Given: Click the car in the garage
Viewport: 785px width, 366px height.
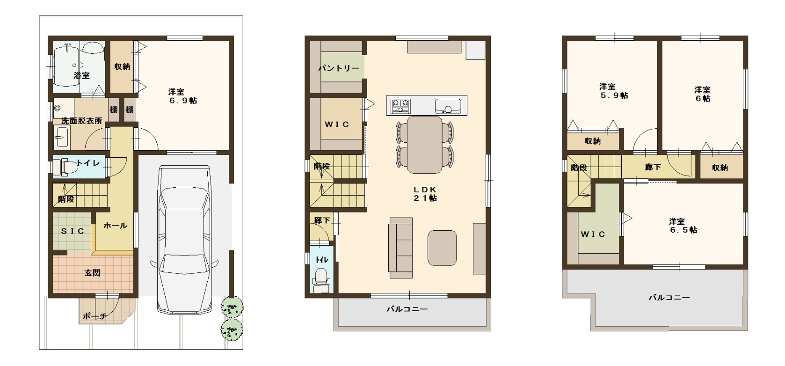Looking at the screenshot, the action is click(184, 240).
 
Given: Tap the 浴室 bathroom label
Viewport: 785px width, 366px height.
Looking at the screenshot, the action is click(82, 75).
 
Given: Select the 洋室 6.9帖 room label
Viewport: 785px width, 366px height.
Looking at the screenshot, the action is click(182, 96).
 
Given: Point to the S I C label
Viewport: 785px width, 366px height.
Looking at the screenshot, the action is click(73, 231).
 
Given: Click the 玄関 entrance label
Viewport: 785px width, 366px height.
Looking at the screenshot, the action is click(93, 273).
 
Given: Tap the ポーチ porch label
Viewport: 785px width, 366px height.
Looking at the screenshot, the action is click(94, 316).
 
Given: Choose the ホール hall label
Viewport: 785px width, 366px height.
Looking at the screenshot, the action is click(115, 226).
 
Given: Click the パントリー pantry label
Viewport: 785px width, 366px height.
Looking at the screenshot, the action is click(339, 68).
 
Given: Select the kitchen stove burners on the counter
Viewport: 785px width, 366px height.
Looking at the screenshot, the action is click(400, 105).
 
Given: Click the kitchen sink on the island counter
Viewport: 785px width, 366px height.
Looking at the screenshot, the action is click(448, 106).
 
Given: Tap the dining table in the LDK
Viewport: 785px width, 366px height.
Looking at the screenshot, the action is click(424, 145).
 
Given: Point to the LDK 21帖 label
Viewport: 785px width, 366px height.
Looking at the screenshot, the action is click(425, 193).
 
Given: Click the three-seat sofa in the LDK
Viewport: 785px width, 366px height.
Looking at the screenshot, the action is click(400, 248).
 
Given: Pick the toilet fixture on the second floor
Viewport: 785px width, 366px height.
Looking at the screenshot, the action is click(321, 280).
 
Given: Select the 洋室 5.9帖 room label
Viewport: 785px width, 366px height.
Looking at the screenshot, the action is click(614, 91).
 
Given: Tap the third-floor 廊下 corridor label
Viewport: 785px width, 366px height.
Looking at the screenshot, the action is click(653, 167).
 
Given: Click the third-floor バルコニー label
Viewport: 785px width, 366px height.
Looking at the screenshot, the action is click(669, 298).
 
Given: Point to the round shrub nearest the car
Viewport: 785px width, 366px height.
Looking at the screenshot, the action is click(232, 307).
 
